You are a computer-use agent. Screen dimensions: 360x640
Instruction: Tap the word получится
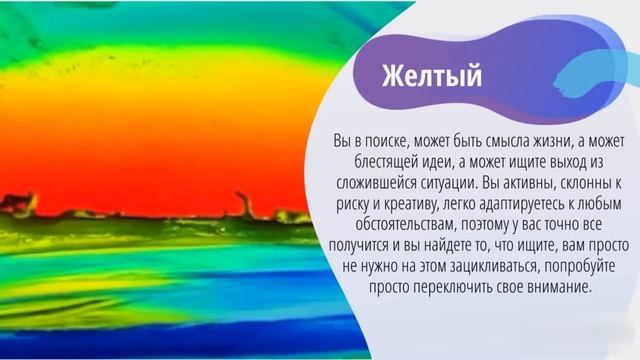coord(375,246)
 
